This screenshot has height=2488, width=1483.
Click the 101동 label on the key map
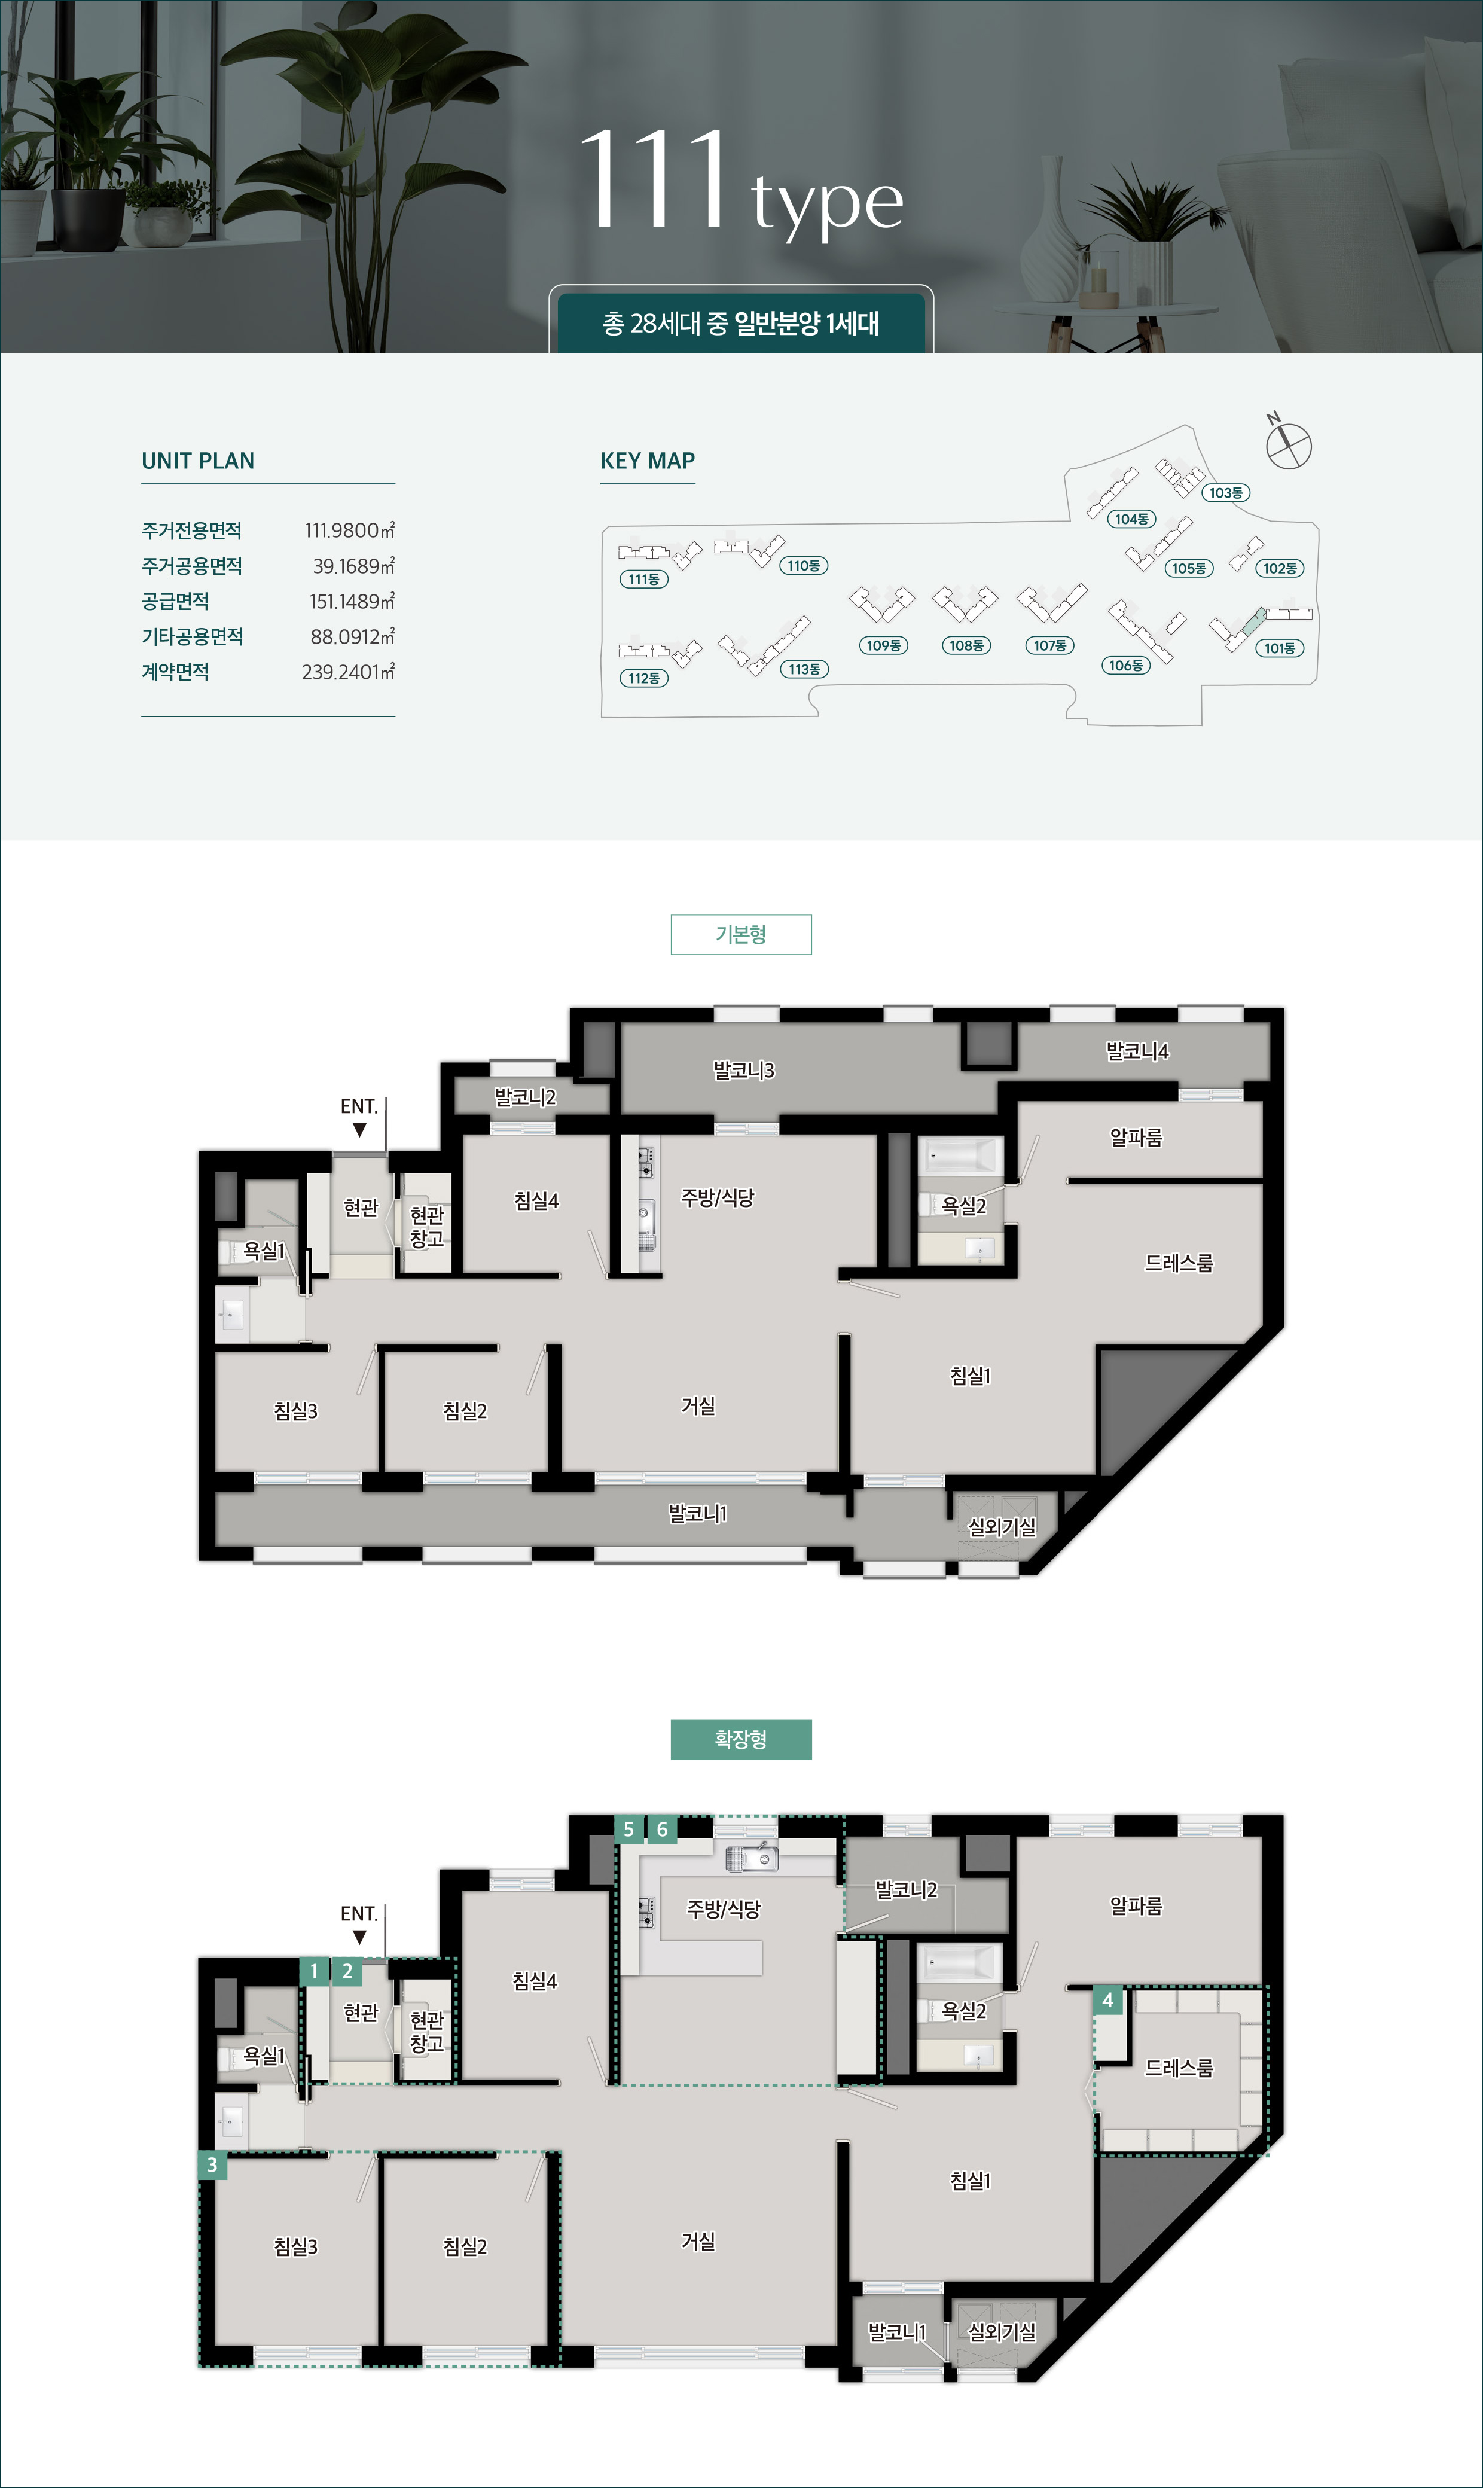click(x=1279, y=648)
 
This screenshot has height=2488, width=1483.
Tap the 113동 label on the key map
click(x=804, y=669)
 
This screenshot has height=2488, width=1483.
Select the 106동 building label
click(x=1126, y=666)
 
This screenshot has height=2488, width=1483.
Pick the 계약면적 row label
click(x=175, y=672)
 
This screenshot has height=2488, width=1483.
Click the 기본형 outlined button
click(x=740, y=934)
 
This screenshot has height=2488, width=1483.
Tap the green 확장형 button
click(x=740, y=1740)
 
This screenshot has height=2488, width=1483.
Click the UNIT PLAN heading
click(x=198, y=461)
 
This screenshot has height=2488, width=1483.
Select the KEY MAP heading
click(x=648, y=461)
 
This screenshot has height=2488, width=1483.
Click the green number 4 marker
click(x=1107, y=2001)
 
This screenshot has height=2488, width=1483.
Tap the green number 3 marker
click(x=212, y=2165)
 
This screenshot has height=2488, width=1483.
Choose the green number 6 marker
click(x=661, y=1830)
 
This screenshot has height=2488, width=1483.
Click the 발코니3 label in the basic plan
click(x=743, y=1070)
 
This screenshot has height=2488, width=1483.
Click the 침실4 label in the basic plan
click(x=536, y=1201)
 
